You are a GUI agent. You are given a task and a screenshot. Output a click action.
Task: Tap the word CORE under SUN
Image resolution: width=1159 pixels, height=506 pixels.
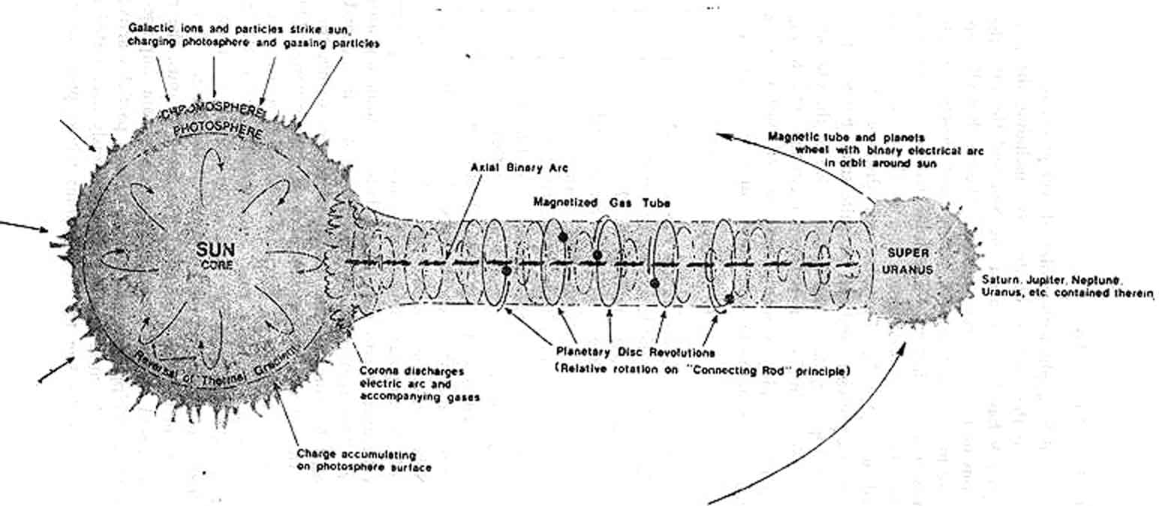[x=207, y=264]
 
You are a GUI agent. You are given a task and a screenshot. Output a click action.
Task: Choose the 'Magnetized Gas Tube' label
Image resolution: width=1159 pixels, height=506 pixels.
[x=603, y=203]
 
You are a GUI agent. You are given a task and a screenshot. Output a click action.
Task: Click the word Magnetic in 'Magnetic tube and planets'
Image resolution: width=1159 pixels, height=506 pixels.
[x=792, y=137]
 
